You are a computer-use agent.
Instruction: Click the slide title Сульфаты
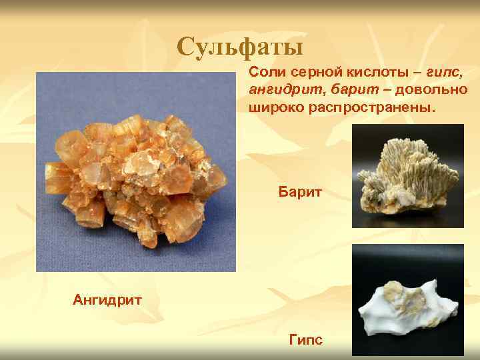(x=240, y=47)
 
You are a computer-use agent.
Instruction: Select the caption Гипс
(x=306, y=341)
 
